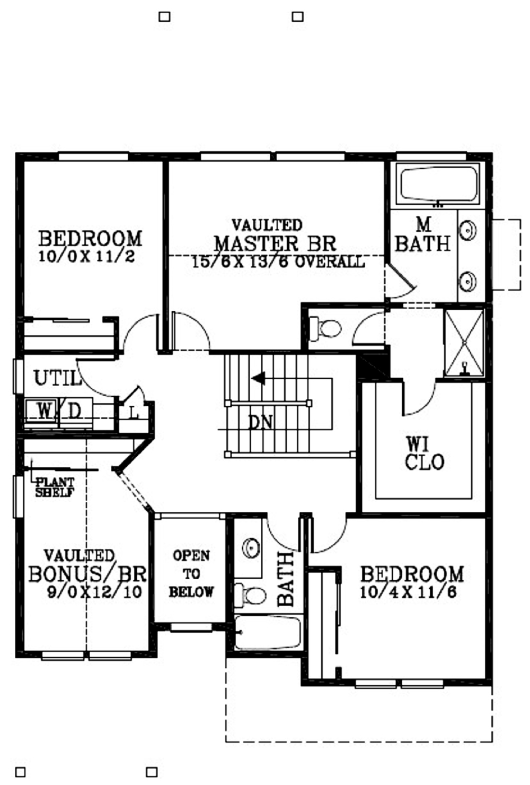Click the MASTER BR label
pyautogui.click(x=275, y=243)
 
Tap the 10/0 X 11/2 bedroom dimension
pyautogui.click(x=86, y=257)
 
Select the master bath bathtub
pyautogui.click(x=439, y=185)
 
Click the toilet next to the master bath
pyautogui.click(x=325, y=328)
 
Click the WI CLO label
pyautogui.click(x=425, y=453)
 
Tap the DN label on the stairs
pyautogui.click(x=260, y=423)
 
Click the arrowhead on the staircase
pyautogui.click(x=258, y=378)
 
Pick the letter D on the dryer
pyautogui.click(x=74, y=411)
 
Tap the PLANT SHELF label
pyautogui.click(x=55, y=487)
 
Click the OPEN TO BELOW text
pyautogui.click(x=191, y=574)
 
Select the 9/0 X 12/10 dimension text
pyautogui.click(x=94, y=592)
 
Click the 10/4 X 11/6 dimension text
pyautogui.click(x=408, y=592)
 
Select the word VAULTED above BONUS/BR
pyautogui.click(x=79, y=555)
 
